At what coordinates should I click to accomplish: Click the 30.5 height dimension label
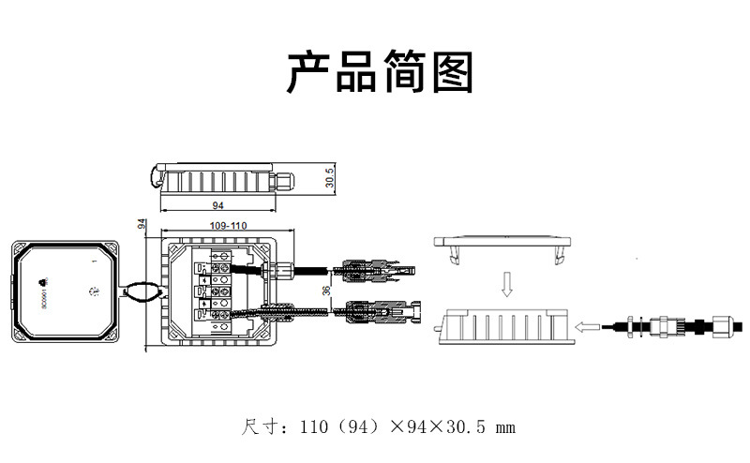point(330,178)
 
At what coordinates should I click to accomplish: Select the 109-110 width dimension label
point(228,227)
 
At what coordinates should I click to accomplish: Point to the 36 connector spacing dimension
point(326,291)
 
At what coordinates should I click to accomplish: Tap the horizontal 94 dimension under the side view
point(218,204)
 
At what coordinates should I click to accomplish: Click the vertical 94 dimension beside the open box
point(142,225)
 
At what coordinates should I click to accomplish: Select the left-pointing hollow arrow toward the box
point(589,326)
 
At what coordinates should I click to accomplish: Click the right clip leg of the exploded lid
point(561,254)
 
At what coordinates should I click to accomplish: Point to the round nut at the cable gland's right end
point(720,327)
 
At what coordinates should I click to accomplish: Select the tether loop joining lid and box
point(141,291)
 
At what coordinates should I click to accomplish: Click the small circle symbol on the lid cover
point(93,291)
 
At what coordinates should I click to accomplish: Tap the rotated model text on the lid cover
point(44,298)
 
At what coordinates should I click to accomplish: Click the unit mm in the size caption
point(504,428)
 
